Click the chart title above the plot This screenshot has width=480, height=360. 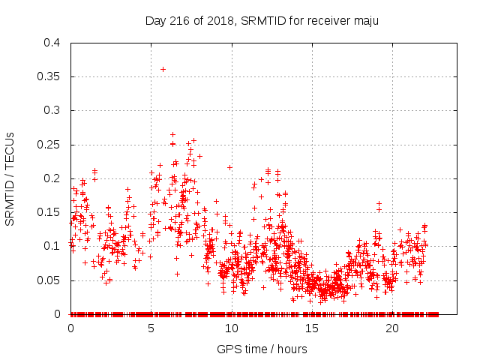262,20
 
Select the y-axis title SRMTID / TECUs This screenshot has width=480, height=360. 10,178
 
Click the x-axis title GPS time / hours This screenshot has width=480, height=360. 262,349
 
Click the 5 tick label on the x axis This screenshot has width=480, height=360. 151,328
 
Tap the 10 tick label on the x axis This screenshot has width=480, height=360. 232,328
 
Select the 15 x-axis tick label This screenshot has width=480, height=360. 312,328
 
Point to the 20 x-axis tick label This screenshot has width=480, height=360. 392,328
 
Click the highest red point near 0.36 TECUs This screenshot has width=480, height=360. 163,69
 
